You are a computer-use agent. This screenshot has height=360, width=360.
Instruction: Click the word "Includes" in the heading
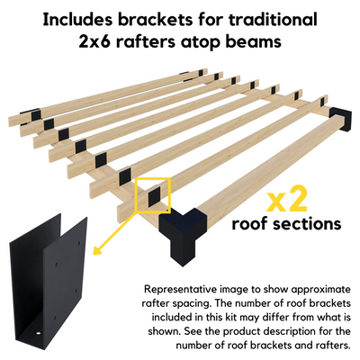pos(78,20)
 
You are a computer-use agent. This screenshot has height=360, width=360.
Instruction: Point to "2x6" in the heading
pos(94,41)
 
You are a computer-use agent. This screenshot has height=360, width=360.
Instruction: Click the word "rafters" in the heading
pos(146,41)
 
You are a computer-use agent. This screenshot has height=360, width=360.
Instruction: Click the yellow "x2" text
pos(287,200)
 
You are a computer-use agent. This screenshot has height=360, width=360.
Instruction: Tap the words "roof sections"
pos(286,223)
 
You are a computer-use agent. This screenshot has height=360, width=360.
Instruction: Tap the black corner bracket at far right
pos(341,119)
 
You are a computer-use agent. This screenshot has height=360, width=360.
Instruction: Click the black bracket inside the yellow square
pos(154,196)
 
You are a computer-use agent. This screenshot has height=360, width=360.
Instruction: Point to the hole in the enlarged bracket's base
pos(38,333)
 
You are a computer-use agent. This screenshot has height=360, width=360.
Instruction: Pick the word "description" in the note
pos(296,332)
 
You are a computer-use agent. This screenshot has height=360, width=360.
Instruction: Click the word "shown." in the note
pos(164,331)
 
